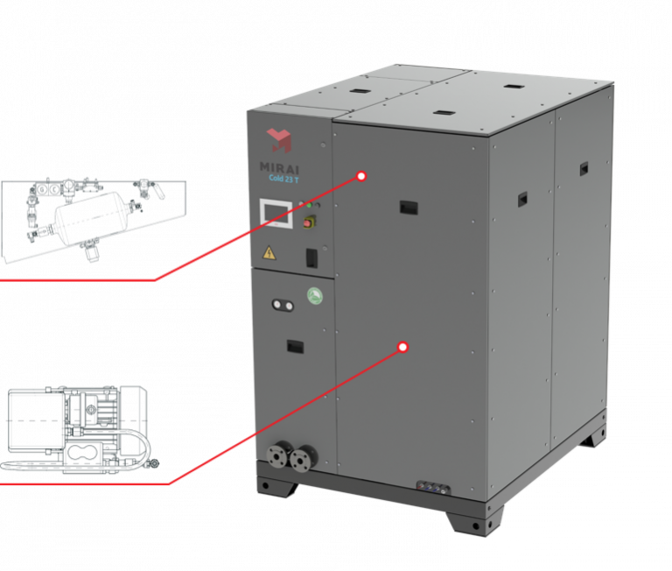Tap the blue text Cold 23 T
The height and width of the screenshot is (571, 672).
[283, 176]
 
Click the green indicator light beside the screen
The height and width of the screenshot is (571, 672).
[308, 206]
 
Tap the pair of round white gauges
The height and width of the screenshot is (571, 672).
[282, 306]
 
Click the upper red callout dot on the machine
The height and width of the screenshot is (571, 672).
[360, 176]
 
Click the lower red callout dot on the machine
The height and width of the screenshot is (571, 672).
[402, 348]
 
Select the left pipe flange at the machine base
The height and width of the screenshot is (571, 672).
[282, 458]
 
